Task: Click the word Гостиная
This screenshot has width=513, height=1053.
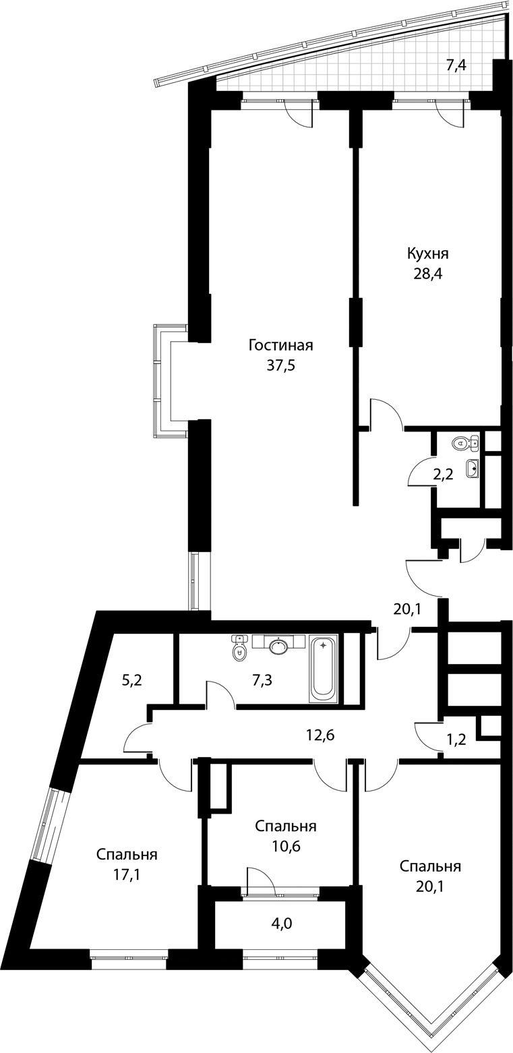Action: click(x=280, y=346)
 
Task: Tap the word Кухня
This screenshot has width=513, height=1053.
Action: click(x=427, y=254)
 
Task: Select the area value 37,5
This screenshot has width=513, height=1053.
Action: click(x=280, y=366)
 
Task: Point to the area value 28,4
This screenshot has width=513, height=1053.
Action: click(x=428, y=274)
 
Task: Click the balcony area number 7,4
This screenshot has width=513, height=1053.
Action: click(x=456, y=65)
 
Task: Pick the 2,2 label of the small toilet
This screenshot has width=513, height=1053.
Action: click(x=443, y=475)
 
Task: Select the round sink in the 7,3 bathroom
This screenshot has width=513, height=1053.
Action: click(x=279, y=647)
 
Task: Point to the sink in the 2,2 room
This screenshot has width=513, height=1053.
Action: click(x=473, y=468)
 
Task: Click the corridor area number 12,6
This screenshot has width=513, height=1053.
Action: click(x=319, y=735)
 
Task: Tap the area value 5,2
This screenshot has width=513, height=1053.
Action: click(x=132, y=680)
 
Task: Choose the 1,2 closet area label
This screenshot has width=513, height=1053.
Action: click(x=456, y=740)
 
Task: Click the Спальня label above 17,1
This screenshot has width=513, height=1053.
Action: click(x=127, y=855)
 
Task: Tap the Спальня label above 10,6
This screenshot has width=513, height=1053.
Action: click(x=285, y=826)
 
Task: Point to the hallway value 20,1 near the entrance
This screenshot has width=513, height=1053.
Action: click(x=407, y=609)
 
